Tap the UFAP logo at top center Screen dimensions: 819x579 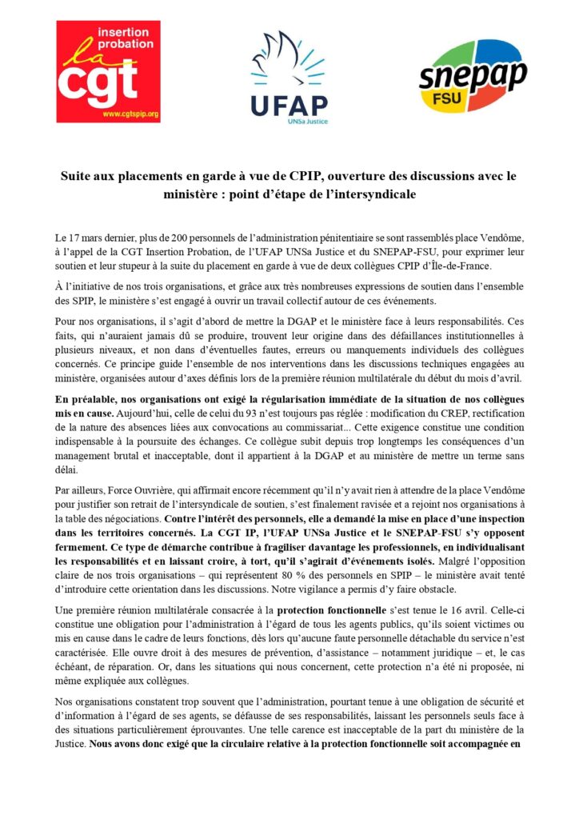289,78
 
